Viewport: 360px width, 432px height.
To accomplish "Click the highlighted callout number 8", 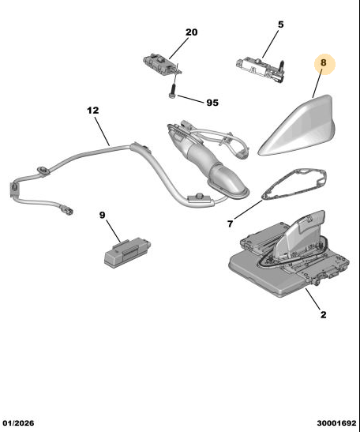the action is pos(324,63).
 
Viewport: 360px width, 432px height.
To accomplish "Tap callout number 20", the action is pos(191,32).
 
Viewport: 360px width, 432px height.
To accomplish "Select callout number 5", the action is pos(281,24).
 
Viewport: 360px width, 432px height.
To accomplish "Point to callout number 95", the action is pos(212,103).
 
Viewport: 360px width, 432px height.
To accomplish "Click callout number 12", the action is pos(93,111).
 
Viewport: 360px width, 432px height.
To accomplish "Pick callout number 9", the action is pos(102,215).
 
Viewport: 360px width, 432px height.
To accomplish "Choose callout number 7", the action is pos(231,224).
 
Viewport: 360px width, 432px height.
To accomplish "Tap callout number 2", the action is pos(324,314).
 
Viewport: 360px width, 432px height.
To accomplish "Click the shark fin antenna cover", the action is pos(299,126).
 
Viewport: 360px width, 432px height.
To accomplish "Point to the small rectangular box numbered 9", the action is pos(127,252).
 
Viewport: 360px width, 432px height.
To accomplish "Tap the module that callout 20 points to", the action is pos(161,64).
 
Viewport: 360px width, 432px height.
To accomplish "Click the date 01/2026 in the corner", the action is pos(18,423).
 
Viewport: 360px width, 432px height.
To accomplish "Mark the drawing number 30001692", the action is pos(336,423).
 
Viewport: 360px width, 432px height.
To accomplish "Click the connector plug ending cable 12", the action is pos(67,211).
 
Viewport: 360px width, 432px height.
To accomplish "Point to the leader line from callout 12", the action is pos(102,131).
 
